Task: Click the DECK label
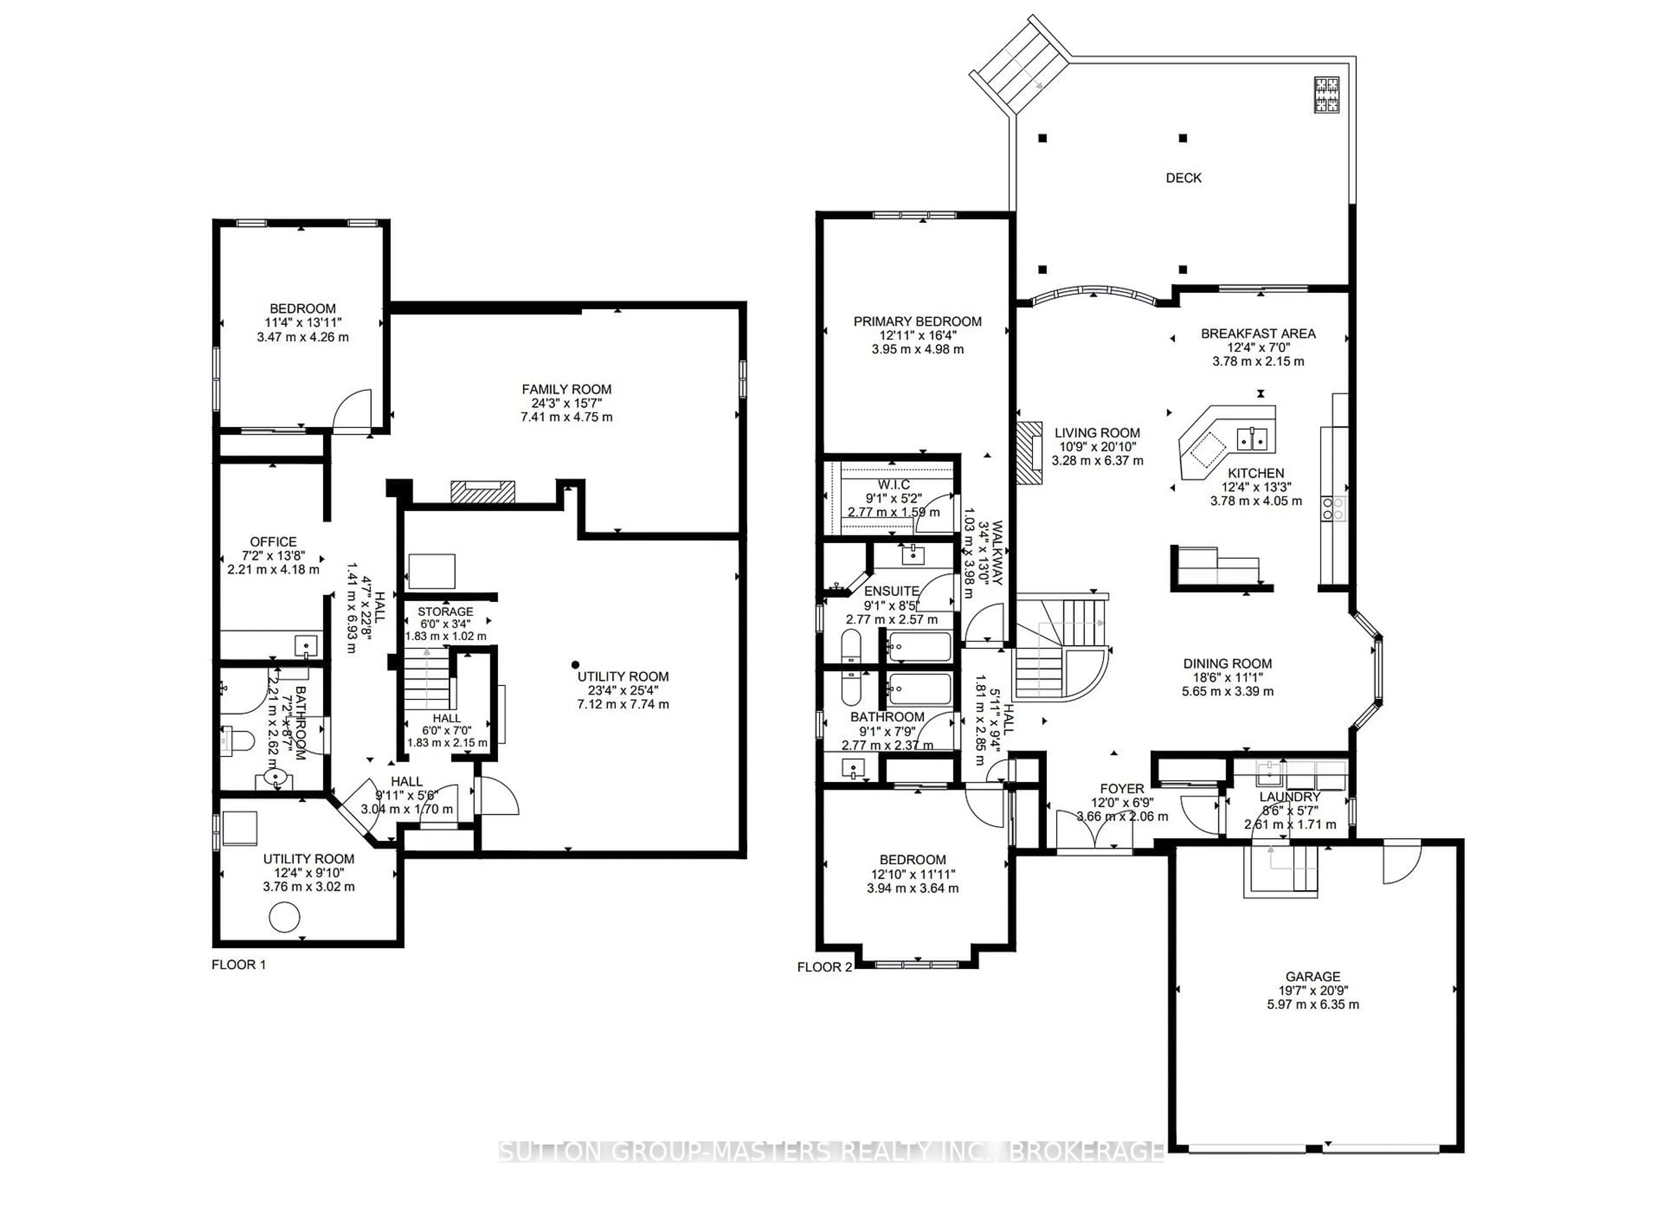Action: pos(1183,177)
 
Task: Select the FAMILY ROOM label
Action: pos(567,389)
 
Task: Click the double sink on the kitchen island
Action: pos(1253,439)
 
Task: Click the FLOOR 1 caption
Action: pos(239,965)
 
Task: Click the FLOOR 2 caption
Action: pos(825,967)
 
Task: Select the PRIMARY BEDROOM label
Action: pos(918,321)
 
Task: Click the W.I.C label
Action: pos(894,484)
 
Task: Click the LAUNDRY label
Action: pos(1290,797)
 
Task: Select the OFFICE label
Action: pos(274,542)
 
